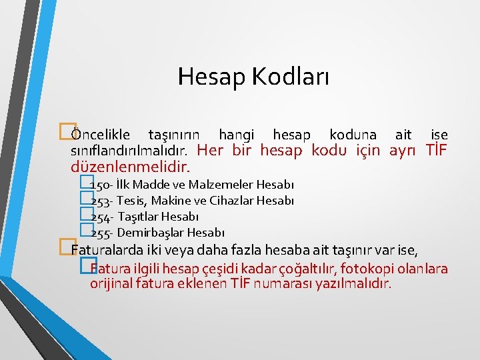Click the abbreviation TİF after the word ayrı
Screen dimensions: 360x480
click(435, 150)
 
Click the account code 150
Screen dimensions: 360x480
click(100, 185)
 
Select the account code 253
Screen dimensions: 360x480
click(100, 201)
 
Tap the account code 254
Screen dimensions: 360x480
click(100, 217)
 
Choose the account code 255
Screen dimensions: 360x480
click(100, 233)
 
